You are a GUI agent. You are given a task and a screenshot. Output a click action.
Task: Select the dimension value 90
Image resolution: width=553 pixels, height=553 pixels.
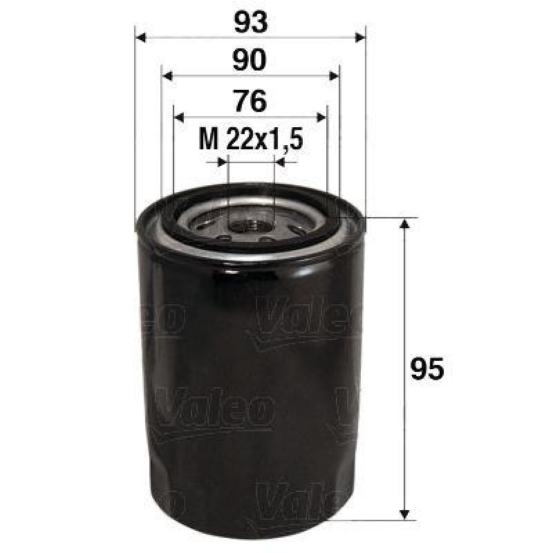point(250,62)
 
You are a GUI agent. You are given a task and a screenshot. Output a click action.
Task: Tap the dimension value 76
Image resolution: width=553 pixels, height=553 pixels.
point(250,102)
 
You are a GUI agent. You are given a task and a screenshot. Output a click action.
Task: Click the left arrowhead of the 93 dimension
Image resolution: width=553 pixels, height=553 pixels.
point(140,37)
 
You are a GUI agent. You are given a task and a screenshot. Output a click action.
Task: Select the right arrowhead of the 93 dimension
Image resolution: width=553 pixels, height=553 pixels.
point(359,37)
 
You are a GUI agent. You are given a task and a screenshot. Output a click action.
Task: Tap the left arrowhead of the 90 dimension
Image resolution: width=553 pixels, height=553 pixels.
point(166,76)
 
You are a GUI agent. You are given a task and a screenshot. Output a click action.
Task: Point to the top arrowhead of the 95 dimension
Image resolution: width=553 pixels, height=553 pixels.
point(404,225)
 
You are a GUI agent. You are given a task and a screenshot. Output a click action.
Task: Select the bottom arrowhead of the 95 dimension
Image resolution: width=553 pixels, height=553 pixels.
point(404,512)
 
